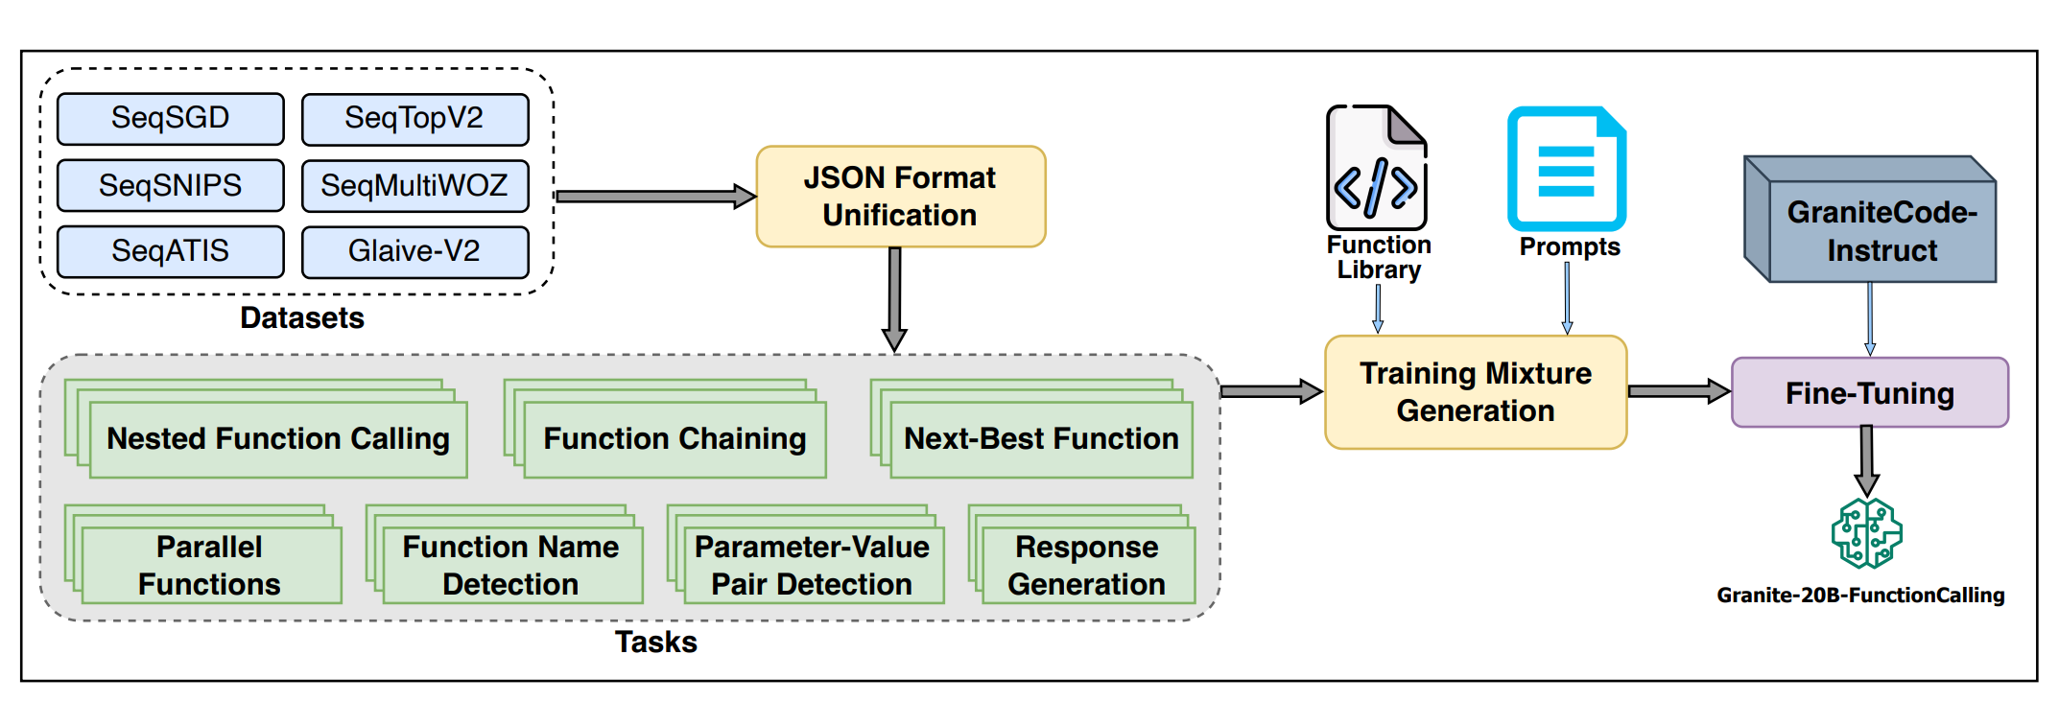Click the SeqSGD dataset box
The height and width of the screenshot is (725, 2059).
pos(171,119)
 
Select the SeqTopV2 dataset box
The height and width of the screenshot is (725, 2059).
pos(414,119)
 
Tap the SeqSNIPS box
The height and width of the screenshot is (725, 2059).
pos(171,185)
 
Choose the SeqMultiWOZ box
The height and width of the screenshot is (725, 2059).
pos(414,185)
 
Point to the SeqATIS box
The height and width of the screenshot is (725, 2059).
pos(171,251)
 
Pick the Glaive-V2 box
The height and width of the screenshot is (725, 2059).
pos(414,251)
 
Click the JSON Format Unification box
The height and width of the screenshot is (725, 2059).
pos(901,197)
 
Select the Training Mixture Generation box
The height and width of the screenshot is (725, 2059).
pos(1476,392)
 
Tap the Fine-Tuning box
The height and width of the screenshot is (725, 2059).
pos(1870,392)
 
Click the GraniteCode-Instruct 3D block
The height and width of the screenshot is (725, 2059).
pos(1870,220)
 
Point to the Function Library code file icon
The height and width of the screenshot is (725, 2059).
pos(1377,168)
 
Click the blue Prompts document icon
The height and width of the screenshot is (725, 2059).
pos(1567,169)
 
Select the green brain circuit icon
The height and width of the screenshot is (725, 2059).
pos(1867,533)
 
